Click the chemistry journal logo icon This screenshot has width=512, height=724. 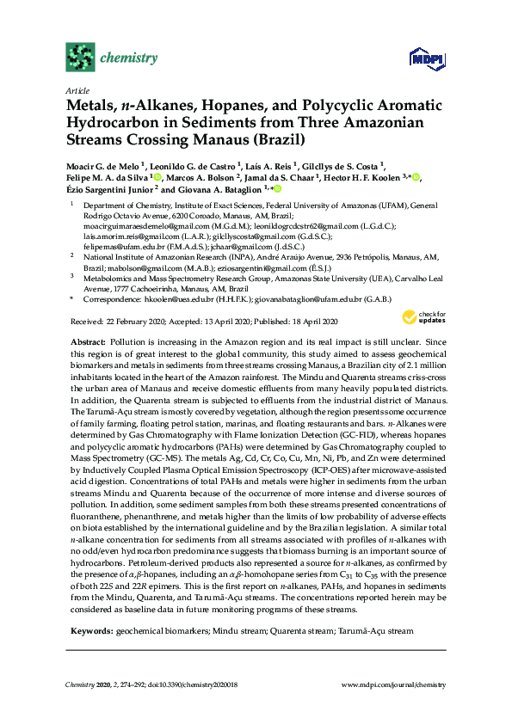(79, 58)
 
